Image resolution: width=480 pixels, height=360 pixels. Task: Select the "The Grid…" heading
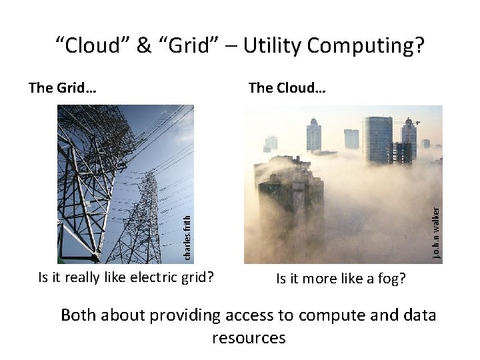[x=63, y=87]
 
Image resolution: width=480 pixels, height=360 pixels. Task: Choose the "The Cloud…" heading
[x=287, y=87]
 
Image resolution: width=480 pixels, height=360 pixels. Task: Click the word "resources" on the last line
[x=249, y=337]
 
